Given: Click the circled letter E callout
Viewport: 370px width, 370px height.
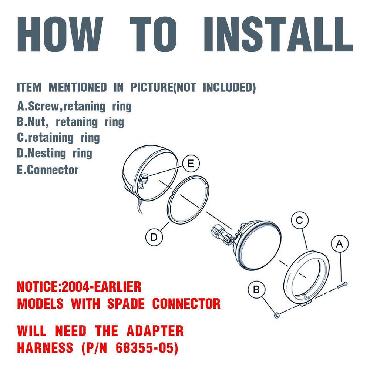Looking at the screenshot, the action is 191,164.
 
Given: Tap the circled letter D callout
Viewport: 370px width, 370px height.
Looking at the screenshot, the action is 154,237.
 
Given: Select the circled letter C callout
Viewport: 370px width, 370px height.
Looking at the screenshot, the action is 299,221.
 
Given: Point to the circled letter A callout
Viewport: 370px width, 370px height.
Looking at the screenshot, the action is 340,243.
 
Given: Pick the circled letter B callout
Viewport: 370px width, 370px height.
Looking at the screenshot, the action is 256,290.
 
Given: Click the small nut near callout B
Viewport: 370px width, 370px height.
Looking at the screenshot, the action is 276,315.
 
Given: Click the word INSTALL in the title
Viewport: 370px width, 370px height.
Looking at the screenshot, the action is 278,34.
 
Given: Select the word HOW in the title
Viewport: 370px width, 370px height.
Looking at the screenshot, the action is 60,34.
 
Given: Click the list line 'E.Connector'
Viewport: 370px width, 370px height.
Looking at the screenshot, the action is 48,170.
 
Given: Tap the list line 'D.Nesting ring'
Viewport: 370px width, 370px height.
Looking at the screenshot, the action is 54,154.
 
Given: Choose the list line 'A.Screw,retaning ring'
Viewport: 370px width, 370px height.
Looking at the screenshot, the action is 74,107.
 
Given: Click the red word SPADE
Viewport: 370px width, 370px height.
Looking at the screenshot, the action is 126,303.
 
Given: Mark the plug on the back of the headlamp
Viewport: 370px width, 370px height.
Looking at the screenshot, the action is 222,235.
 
